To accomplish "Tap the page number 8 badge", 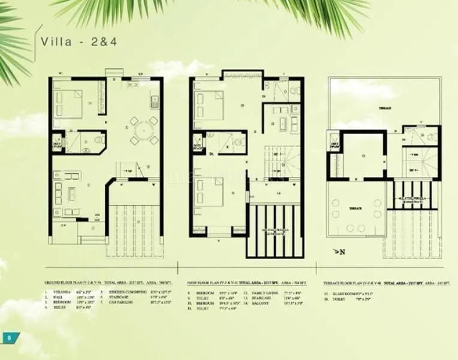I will coord(9,337).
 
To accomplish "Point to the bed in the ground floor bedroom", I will coord(67,102).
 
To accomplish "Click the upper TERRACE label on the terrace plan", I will coord(384,108).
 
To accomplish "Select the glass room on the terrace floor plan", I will coord(363,154).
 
